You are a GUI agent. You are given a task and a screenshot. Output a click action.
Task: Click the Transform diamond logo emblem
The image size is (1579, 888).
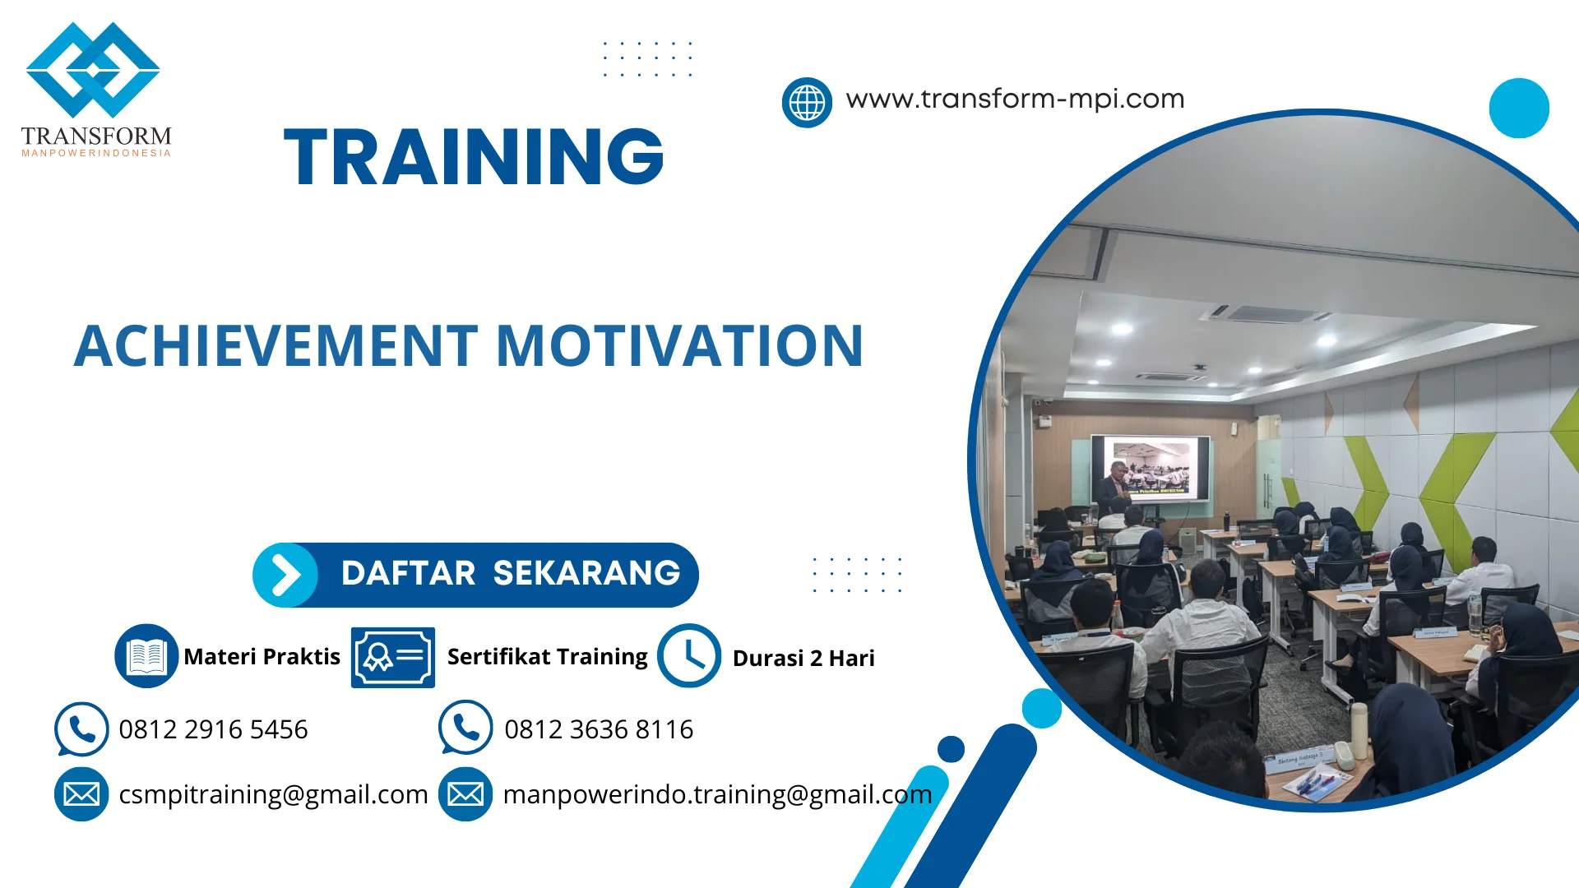[93, 70]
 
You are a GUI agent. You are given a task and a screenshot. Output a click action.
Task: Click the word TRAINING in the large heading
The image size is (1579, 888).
[474, 156]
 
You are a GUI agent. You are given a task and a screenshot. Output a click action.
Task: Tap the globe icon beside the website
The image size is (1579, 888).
[806, 103]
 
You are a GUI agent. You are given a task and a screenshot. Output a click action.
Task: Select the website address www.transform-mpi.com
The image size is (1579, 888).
[1015, 99]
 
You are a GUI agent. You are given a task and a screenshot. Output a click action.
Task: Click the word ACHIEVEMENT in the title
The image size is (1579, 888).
[276, 345]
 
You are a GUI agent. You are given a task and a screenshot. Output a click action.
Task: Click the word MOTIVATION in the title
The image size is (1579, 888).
[679, 345]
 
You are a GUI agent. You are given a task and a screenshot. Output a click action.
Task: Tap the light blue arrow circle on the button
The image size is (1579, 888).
[285, 575]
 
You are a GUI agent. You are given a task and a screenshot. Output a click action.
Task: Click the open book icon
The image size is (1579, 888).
[146, 655]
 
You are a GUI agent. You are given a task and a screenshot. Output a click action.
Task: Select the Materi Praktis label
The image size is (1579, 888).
[262, 656]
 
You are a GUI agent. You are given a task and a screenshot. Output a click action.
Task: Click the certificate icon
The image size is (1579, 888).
[392, 657]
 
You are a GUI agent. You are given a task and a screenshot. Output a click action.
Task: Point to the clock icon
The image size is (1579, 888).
[688, 655]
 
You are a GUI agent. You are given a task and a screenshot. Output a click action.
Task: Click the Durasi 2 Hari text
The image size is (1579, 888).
[803, 658]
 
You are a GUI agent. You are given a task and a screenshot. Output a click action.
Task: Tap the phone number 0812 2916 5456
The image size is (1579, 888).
[213, 729]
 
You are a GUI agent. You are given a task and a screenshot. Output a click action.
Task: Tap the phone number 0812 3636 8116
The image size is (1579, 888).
[599, 729]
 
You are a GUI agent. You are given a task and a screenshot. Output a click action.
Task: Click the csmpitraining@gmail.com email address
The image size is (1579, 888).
[273, 794]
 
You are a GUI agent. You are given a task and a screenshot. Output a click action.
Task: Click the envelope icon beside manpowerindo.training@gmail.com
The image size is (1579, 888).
[465, 794]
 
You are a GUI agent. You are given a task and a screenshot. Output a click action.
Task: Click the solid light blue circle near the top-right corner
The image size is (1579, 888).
[1518, 108]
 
